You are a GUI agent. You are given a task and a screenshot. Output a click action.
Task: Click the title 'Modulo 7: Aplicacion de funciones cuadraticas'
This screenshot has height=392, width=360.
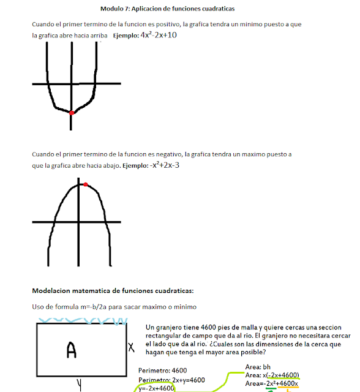[167, 9]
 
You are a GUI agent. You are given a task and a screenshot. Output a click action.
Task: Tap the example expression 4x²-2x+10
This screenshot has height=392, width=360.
[159, 35]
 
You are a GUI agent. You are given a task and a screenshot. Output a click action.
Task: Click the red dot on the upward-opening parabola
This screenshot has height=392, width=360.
[72, 113]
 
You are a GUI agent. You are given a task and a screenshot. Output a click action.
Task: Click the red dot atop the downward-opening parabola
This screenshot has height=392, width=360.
[86, 184]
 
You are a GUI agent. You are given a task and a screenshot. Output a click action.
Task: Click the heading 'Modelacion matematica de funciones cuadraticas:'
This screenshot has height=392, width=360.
[113, 290]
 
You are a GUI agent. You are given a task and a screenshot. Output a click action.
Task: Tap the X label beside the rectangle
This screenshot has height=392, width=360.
[131, 347]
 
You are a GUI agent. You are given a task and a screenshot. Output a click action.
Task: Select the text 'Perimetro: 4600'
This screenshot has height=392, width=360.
[162, 371]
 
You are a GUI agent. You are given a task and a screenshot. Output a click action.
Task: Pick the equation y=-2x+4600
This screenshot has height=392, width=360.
[157, 388]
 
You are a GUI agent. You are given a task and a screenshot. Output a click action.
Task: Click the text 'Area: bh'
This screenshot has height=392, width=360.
[258, 367]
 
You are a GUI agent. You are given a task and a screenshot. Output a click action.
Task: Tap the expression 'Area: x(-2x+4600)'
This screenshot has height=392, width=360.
[272, 375]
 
